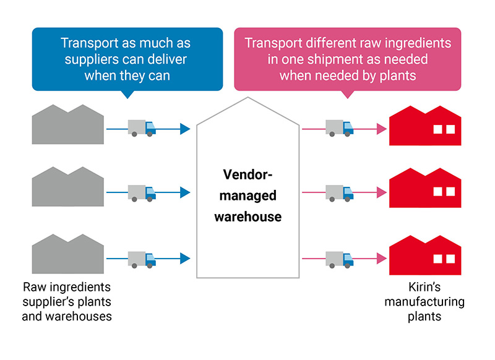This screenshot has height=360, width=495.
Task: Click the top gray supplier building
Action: [68, 127]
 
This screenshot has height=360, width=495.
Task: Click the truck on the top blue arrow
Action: [142, 128]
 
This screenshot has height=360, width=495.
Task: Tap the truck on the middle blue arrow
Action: [142, 193]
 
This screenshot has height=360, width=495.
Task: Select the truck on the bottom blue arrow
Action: [142, 259]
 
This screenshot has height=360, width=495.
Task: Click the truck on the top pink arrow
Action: [339, 128]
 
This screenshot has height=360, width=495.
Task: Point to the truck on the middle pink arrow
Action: [339, 193]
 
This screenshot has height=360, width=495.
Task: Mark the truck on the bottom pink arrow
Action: [339, 259]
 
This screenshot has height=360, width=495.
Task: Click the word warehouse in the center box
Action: [247, 217]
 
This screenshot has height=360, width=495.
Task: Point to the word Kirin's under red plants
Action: [424, 289]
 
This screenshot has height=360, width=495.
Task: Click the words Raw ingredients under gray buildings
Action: [67, 289]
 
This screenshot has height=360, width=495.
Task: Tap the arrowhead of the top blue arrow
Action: [184, 129]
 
